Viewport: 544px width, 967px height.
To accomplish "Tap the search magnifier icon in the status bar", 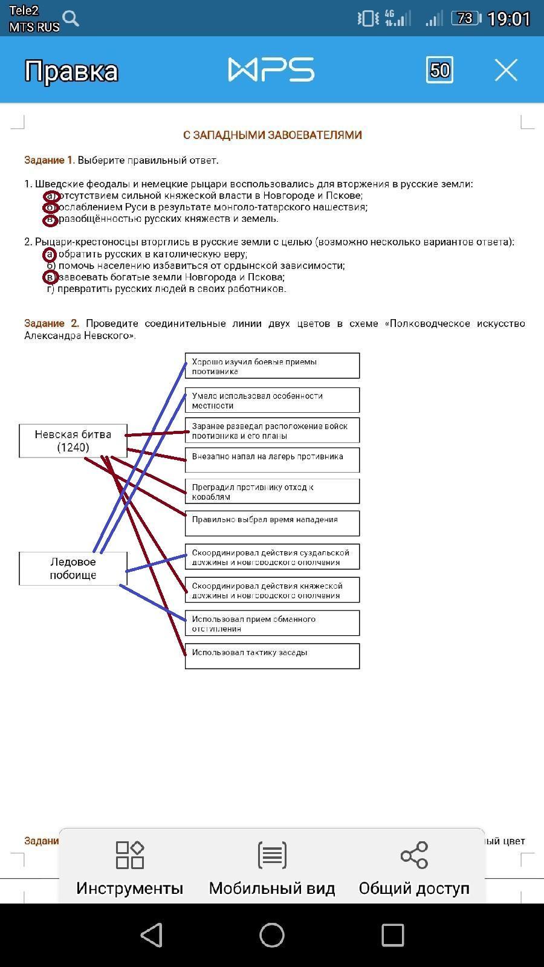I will pos(71,19).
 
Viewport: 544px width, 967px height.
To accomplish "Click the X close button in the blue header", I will pos(506,70).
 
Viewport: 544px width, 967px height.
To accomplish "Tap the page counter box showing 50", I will pos(439,70).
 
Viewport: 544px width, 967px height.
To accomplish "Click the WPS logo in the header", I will pos(271,70).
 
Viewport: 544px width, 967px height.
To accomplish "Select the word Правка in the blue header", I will pos(71,71).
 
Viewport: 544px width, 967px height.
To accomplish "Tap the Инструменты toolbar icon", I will pos(129,855).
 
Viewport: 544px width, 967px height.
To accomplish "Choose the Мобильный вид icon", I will pos(272,855).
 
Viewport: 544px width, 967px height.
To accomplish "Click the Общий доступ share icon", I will pos(414,855).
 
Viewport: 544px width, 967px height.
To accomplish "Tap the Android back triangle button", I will pos(152,935).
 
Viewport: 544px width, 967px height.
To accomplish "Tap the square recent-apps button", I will pos(392,935).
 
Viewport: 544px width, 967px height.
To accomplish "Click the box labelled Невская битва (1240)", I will pos(73,441).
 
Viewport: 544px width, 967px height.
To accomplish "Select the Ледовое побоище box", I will pos(73,568).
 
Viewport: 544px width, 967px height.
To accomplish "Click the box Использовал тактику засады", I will pos(272,656).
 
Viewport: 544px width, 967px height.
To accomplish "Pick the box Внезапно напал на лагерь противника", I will pos(272,459).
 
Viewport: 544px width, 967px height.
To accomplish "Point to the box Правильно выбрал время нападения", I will pos(272,523).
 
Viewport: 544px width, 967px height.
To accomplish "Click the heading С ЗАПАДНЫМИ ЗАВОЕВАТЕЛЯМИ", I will pos(272,135).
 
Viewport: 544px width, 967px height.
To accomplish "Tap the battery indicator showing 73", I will pos(465,19).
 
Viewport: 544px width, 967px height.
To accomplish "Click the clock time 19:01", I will pos(508,19).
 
